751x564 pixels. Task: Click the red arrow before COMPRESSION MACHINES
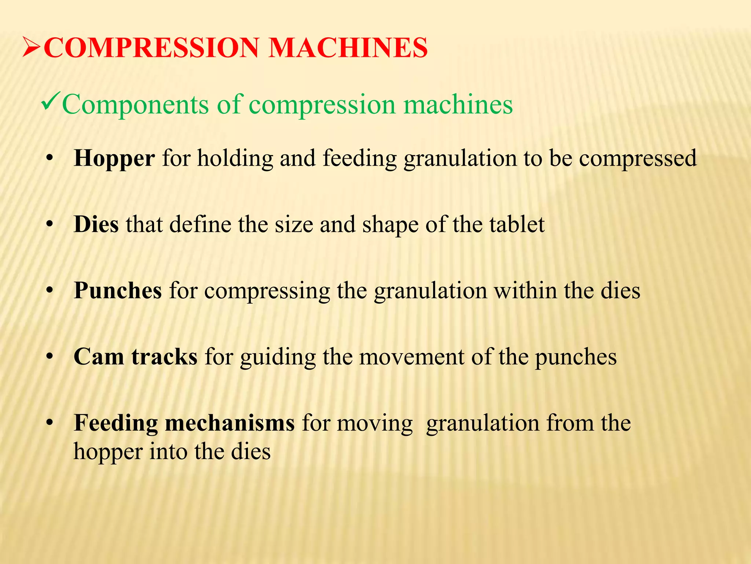point(32,48)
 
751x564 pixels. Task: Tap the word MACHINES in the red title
point(348,48)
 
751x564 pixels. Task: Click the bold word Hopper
point(114,159)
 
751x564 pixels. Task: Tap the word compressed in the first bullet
point(638,159)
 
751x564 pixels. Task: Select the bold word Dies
point(96,224)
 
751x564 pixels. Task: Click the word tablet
point(517,224)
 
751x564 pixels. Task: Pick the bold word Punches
point(118,290)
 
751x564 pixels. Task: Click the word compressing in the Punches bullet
point(267,291)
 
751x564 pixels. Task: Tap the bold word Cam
point(99,357)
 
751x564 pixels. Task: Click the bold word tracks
point(165,357)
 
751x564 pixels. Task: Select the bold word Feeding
point(115,423)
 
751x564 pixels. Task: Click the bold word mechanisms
point(230,423)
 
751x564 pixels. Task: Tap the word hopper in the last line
point(108,452)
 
